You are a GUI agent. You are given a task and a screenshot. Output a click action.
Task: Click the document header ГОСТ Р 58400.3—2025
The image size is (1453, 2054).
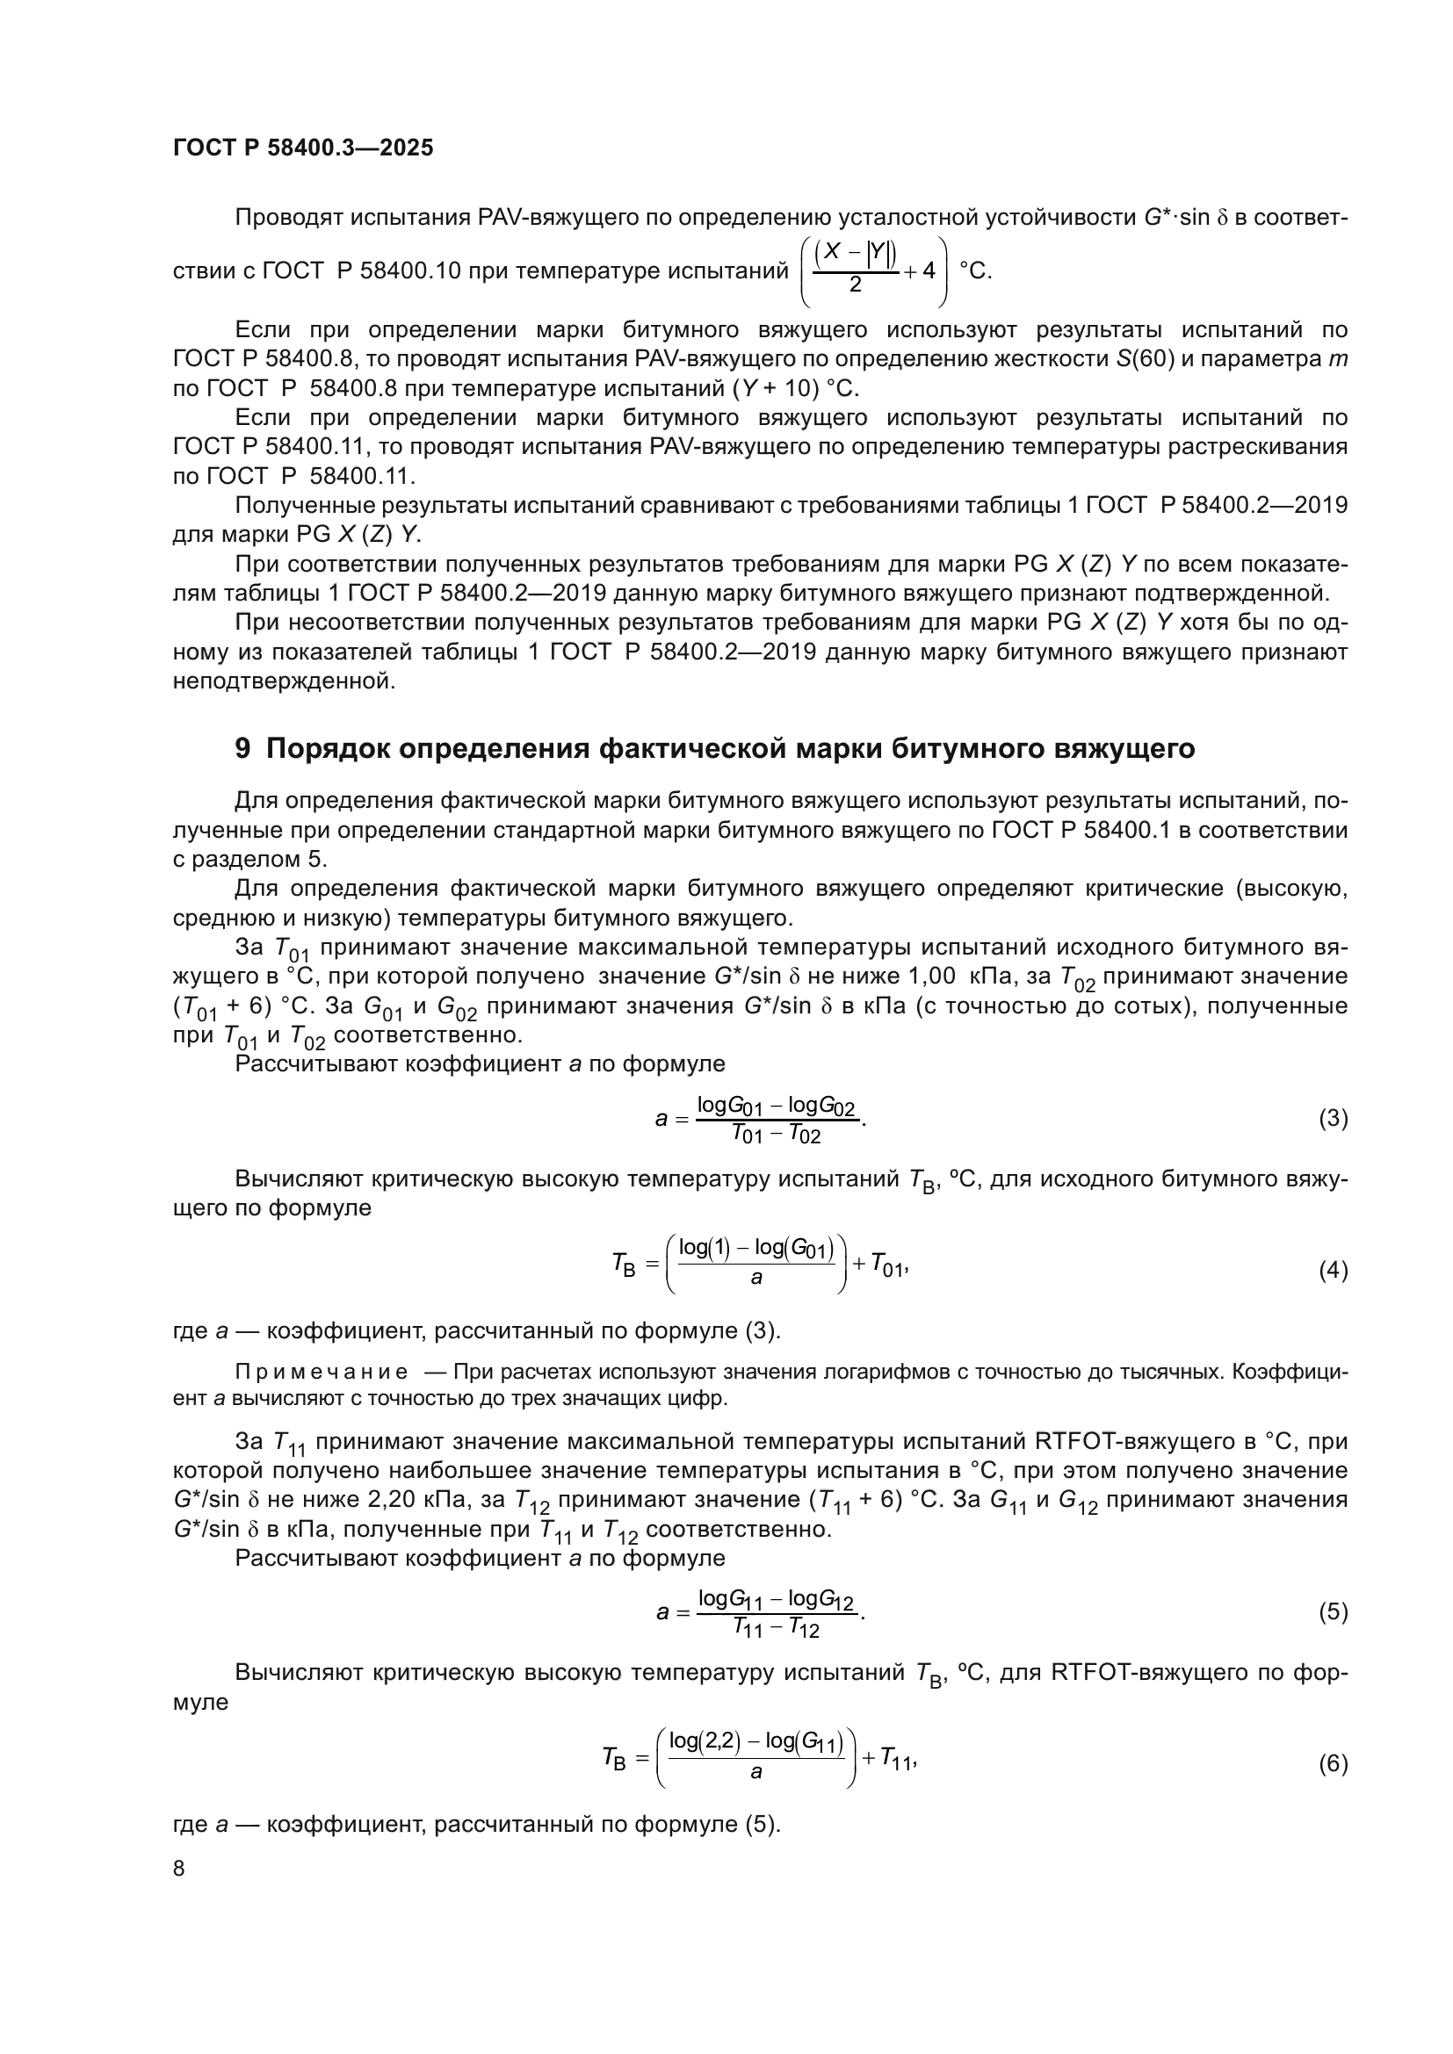point(302,148)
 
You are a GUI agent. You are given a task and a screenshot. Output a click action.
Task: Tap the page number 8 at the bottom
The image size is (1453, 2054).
point(179,1868)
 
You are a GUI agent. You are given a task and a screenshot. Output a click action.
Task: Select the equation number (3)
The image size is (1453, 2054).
point(1334,1118)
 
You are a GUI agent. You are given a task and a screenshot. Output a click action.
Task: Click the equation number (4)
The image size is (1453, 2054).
point(1334,1271)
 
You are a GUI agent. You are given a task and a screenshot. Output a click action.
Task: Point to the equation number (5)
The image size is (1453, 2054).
point(1334,1612)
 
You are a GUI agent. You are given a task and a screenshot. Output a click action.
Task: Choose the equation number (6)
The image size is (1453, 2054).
point(1334,1763)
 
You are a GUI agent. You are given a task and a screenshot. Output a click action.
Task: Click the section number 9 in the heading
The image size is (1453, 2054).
point(242,748)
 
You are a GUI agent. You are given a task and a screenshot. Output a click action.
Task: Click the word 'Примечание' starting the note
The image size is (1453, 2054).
point(322,1372)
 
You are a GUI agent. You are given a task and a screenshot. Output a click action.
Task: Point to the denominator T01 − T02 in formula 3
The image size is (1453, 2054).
point(776,1135)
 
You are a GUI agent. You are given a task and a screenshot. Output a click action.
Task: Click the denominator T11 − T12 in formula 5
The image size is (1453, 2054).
point(776,1629)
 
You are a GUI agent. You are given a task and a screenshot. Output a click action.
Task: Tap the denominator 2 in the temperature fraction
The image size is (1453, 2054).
point(856,285)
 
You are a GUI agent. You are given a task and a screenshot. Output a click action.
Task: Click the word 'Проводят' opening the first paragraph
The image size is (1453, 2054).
point(287,218)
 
